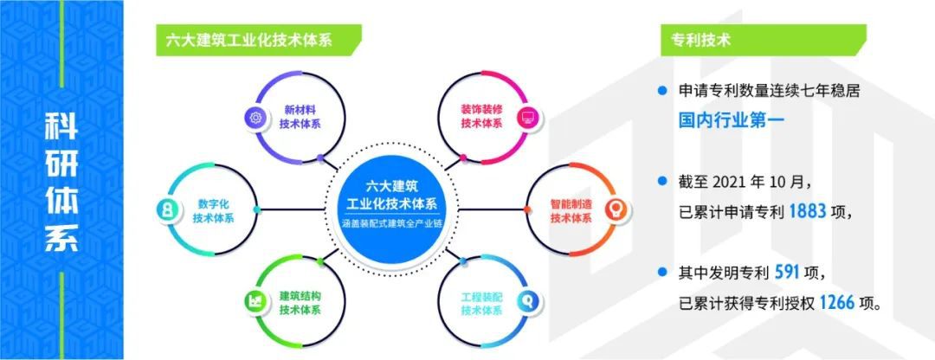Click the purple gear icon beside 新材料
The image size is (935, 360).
pyautogui.click(x=255, y=118)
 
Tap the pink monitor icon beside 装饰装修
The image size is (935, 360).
pyautogui.click(x=528, y=118)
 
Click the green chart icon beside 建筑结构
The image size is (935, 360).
pyautogui.click(x=255, y=301)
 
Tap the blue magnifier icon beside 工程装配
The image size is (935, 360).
pyautogui.click(x=528, y=301)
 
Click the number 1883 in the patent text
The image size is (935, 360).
pyautogui.click(x=808, y=212)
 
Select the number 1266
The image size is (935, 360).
pyautogui.click(x=838, y=304)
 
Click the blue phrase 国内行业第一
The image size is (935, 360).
pyautogui.click(x=731, y=121)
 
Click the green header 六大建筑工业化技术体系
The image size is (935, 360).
pyautogui.click(x=248, y=41)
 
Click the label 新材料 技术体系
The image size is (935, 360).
pyautogui.click(x=300, y=118)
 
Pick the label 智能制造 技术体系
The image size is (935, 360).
pyautogui.click(x=571, y=209)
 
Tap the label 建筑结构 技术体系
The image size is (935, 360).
pyautogui.click(x=300, y=302)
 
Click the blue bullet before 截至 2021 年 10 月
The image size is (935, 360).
pyautogui.click(x=661, y=180)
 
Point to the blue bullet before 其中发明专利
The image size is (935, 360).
pyautogui.click(x=661, y=272)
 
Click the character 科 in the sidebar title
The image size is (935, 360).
pyautogui.click(x=61, y=127)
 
